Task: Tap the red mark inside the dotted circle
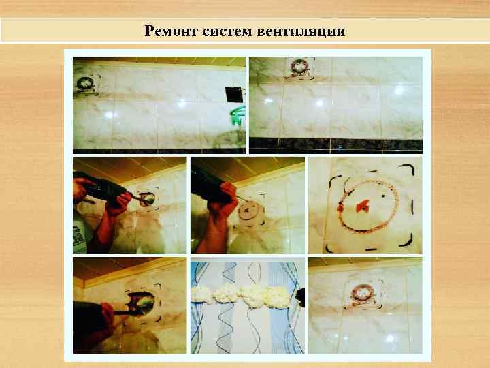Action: click(361, 203)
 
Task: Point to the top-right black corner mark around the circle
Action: click(406, 170)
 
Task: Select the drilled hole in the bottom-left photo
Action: click(146, 302)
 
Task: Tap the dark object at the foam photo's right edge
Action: click(300, 296)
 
